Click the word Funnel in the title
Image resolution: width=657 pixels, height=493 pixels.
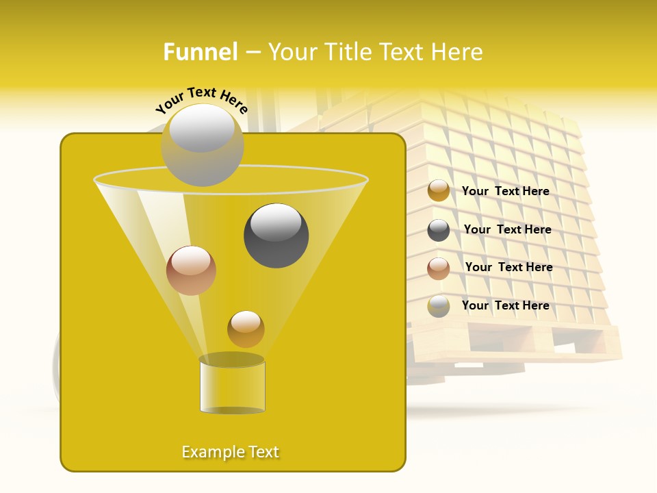point(201,52)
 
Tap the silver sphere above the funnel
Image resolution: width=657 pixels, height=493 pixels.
point(202,144)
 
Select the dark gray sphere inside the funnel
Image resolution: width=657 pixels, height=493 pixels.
point(276,236)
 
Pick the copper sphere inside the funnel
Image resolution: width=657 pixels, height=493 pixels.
point(191,270)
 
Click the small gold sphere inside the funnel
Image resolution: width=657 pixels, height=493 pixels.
point(246,329)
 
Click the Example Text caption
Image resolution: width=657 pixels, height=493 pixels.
point(231,452)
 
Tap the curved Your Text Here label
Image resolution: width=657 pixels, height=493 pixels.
point(201,99)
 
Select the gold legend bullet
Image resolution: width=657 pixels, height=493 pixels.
point(439,191)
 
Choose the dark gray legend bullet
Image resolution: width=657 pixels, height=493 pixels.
point(439,230)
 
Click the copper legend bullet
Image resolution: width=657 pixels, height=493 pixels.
point(439,268)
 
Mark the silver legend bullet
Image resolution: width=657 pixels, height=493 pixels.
point(439,306)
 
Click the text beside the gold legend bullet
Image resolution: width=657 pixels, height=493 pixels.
point(505,192)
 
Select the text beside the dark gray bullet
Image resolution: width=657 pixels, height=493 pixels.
point(507,230)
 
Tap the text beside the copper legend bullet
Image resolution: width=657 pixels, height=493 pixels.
point(508,268)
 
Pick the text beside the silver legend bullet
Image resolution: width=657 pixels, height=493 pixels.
point(505,306)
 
